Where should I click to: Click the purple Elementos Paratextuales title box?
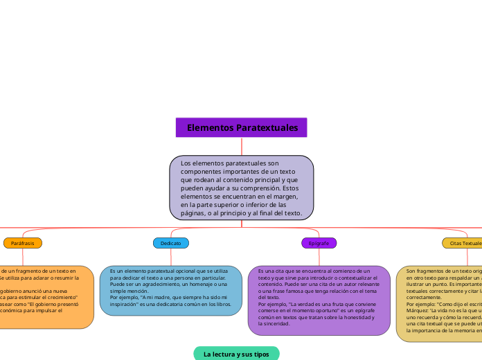coord(242,128)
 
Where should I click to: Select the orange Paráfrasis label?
coord(23,243)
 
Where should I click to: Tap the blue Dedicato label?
coord(170,243)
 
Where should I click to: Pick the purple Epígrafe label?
coord(319,243)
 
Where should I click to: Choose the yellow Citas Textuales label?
coord(463,243)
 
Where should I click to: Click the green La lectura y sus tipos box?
coord(236,354)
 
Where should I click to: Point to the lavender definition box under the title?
coord(242,188)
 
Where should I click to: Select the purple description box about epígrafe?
coord(319,300)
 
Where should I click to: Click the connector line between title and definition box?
coord(242,146)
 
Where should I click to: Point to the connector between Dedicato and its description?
coord(170,256)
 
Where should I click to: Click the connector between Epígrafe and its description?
coord(319,256)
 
